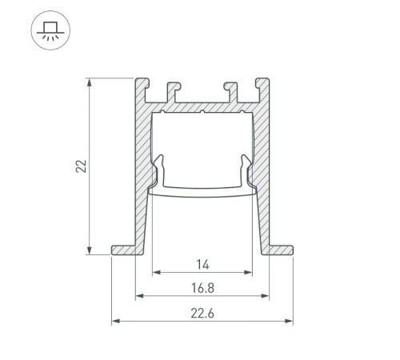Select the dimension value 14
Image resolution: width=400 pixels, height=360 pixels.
201,263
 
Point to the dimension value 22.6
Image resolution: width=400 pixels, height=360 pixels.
201,314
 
